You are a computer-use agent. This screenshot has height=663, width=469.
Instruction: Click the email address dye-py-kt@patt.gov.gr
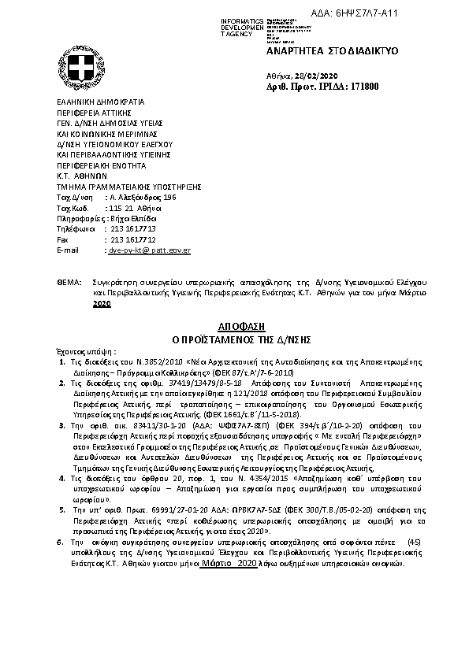[149, 250]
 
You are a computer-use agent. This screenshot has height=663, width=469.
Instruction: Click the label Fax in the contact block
[64, 239]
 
